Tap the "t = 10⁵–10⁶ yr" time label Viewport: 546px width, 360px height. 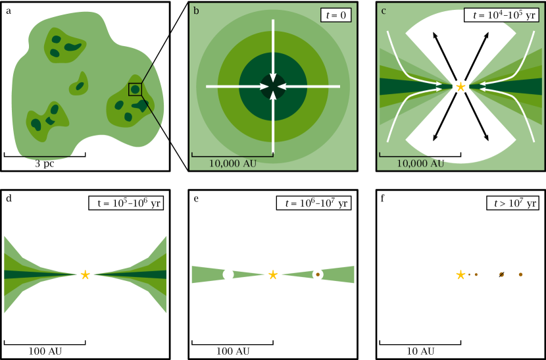(x=126, y=203)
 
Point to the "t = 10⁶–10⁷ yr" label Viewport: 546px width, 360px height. (x=314, y=203)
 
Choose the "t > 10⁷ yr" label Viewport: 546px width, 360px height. (x=512, y=203)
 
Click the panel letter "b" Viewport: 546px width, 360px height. (x=196, y=11)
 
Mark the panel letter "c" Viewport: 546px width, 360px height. (x=384, y=11)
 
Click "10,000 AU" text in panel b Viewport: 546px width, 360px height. (x=233, y=163)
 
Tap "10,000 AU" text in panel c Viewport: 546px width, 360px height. (x=420, y=163)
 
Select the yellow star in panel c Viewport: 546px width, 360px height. (x=460, y=86)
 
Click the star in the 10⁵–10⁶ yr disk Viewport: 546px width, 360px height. (x=85, y=274)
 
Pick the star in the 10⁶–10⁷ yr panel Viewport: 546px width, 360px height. (x=273, y=274)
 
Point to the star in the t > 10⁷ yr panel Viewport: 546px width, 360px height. (x=460, y=274)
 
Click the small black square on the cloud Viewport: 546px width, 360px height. (x=135, y=89)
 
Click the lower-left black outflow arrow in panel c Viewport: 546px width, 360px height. (x=440, y=124)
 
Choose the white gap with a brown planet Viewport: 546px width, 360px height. (x=318, y=274)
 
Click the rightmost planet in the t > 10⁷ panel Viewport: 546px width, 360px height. (x=520, y=274)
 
